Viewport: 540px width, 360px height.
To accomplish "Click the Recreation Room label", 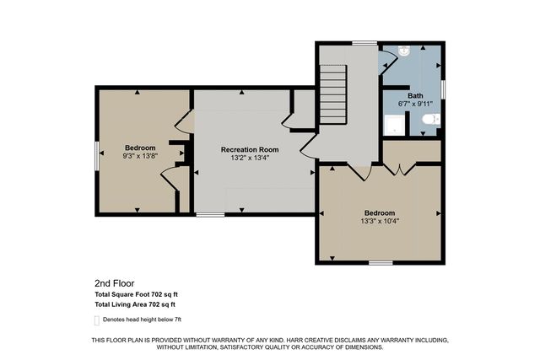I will coord(250,149).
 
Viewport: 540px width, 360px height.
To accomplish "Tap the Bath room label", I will coord(416,96).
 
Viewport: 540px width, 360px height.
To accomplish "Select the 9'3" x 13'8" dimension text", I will coord(139,156).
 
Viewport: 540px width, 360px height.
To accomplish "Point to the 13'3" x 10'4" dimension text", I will coord(379,222).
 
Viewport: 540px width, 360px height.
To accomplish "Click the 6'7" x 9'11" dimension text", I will coord(416,105).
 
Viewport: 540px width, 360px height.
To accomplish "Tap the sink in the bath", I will coord(404,51).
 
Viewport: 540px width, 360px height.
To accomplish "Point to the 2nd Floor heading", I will coord(114,283).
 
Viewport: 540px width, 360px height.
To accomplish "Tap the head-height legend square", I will coord(95,320).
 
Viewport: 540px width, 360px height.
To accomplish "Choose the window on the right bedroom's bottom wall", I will coord(381,262).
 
